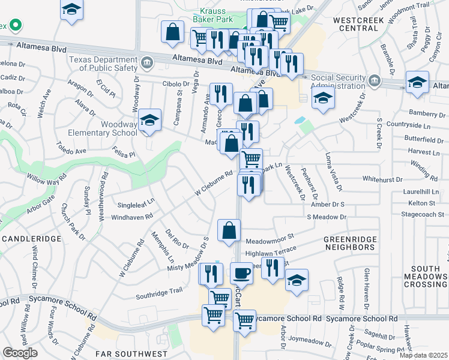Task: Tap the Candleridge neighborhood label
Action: pos(31,239)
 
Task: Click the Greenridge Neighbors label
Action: pos(349,243)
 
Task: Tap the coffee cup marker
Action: pos(241,273)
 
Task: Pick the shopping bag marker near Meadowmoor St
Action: pos(229,231)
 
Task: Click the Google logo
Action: pos(20,353)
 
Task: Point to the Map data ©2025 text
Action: pos(423,355)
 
